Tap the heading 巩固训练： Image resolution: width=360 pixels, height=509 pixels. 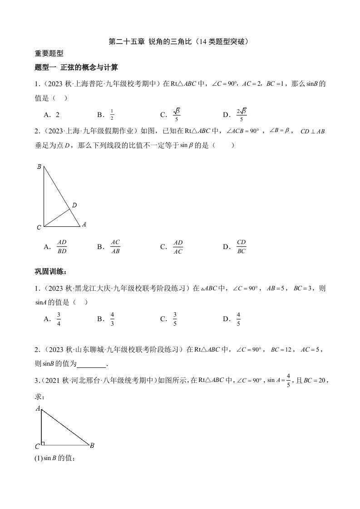point(51,272)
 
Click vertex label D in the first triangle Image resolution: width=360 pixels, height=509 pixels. point(74,206)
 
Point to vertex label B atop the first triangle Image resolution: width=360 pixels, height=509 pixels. point(39,167)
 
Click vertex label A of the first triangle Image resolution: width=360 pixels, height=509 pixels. point(84,224)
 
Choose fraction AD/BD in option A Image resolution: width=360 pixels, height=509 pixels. point(62,247)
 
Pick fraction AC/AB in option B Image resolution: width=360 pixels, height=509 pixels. point(115,247)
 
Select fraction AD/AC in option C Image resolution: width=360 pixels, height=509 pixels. point(178,247)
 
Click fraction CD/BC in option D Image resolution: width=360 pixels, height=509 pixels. point(241,247)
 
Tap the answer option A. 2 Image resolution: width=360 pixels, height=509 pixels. point(52,115)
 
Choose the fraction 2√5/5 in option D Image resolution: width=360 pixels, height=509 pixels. point(242,115)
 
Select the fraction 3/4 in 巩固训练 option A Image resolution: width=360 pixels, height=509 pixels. point(59,319)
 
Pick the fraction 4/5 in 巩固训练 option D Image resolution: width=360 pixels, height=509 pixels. point(238,319)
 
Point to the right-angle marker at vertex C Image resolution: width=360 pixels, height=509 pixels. point(43,443)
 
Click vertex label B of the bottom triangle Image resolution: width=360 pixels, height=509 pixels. point(92,445)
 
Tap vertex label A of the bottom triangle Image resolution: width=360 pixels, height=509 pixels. point(38,408)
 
